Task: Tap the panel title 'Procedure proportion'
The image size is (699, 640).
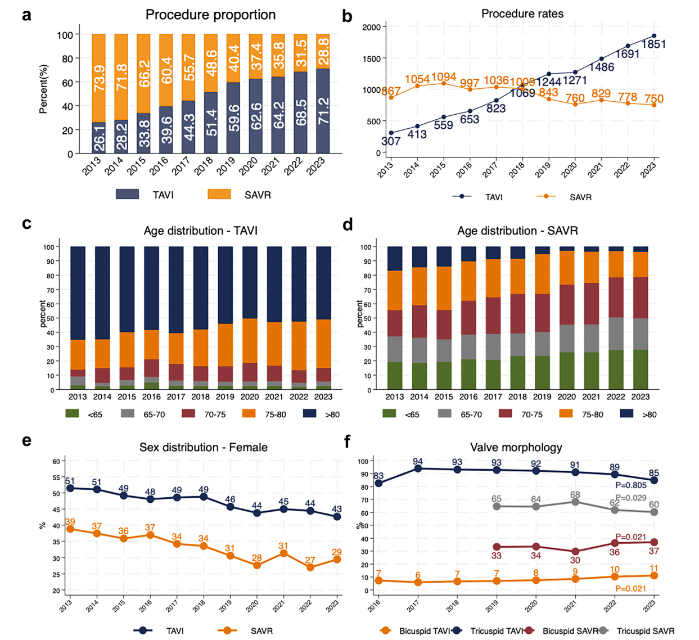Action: point(210,15)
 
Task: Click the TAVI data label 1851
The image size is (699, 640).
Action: point(653,44)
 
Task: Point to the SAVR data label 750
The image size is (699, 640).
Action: point(653,99)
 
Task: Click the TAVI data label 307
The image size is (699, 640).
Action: point(391,141)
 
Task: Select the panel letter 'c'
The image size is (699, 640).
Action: point(26,224)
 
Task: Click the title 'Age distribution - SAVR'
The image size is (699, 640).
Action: point(517,231)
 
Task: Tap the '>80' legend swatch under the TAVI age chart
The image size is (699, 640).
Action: point(310,414)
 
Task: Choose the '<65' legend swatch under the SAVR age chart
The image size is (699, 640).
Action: point(389,414)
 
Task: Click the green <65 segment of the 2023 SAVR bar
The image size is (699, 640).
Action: point(640,369)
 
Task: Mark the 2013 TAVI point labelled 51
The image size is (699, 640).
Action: point(70,488)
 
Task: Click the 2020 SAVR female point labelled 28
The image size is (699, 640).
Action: point(257,565)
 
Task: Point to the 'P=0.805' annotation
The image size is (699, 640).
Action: point(630,485)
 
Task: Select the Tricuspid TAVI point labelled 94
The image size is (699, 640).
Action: point(418,468)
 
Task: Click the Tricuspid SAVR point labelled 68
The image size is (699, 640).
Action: point(575,502)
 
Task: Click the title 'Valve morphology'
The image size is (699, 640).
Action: point(516,448)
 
